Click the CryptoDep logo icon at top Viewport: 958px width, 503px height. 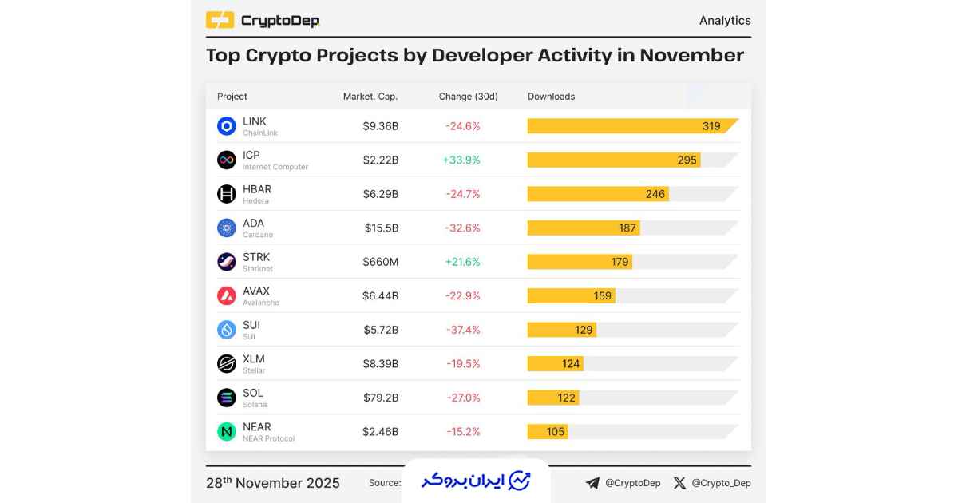tap(220, 20)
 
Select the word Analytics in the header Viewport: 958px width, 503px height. tap(725, 21)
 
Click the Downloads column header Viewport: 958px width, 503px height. tap(551, 97)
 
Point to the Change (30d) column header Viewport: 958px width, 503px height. tap(468, 97)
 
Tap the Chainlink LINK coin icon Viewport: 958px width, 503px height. tap(227, 126)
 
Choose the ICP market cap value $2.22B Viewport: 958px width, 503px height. tap(380, 160)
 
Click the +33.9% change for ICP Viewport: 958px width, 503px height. tap(461, 160)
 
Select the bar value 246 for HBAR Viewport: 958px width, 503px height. tap(655, 194)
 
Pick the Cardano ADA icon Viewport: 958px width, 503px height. tap(227, 228)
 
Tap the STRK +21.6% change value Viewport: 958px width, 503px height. tap(461, 262)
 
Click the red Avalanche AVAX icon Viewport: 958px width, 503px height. tap(227, 295)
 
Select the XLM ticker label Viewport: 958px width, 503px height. tap(254, 359)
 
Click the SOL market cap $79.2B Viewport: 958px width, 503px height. tap(380, 398)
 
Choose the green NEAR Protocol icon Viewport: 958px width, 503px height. tap(227, 431)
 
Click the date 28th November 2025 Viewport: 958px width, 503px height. tap(273, 483)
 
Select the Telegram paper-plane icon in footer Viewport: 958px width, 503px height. tap(592, 483)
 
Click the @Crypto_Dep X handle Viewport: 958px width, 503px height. tap(721, 483)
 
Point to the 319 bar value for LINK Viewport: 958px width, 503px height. tap(711, 126)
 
